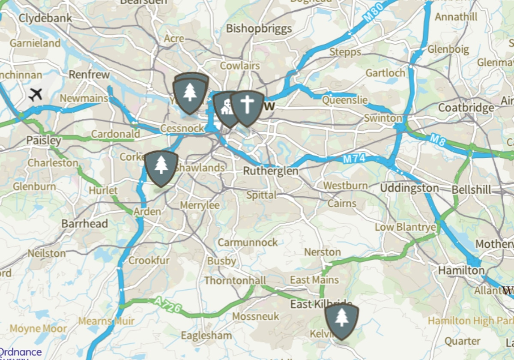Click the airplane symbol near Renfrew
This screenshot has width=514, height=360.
36,94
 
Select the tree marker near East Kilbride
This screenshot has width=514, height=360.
341,320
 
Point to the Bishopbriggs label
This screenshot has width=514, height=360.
259,29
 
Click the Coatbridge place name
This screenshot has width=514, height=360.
466,108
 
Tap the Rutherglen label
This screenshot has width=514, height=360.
271,171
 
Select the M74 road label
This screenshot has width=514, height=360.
354,159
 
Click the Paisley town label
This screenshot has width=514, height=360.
44,140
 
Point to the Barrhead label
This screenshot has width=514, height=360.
84,224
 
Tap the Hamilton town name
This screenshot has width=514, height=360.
461,270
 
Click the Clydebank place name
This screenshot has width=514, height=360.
46,18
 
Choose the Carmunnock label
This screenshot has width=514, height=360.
248,243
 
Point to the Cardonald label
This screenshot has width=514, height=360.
115,134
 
